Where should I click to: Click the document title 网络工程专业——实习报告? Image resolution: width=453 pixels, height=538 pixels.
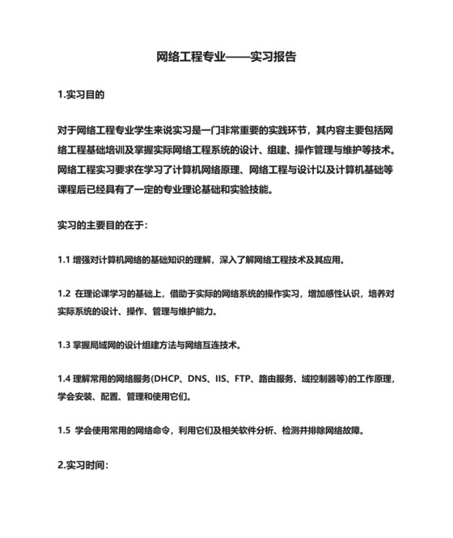coord(226,58)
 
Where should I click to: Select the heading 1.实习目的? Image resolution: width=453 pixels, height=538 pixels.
coord(81,95)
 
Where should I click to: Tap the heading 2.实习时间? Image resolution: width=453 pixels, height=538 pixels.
coord(83,466)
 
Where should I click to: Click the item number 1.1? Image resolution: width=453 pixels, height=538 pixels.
coord(64,261)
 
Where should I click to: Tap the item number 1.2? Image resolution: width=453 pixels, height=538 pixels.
coord(64,292)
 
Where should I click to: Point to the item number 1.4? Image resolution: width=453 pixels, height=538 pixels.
coord(64,378)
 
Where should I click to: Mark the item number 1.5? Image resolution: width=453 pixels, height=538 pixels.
coord(64,430)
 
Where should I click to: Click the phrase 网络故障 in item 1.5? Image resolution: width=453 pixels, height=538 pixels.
coord(345,430)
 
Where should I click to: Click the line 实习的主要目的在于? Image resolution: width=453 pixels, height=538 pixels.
coord(102,223)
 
